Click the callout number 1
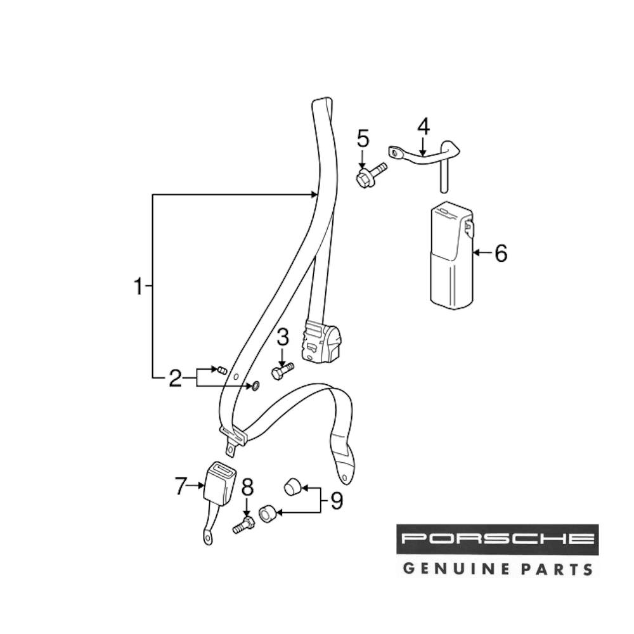click(138, 287)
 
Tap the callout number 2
click(176, 378)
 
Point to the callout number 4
click(423, 126)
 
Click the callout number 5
click(362, 137)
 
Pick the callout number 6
click(501, 254)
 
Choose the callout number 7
click(181, 486)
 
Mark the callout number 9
click(335, 501)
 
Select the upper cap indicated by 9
click(291, 487)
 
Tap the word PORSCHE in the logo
click(497, 540)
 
